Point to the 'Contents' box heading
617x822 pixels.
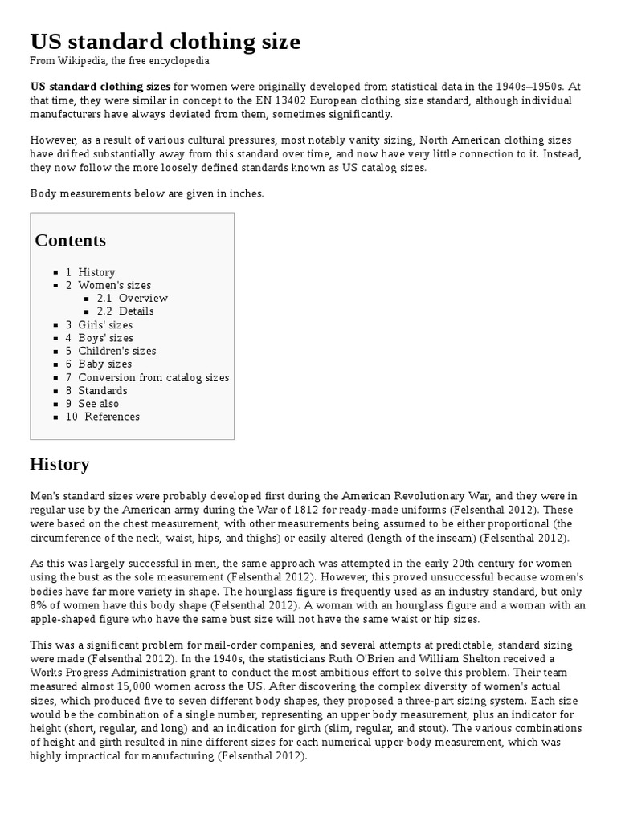point(70,240)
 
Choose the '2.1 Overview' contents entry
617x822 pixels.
point(132,298)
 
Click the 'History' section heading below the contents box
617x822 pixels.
point(59,465)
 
